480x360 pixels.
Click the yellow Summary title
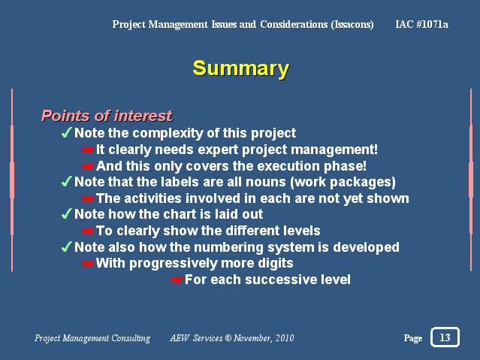(x=241, y=69)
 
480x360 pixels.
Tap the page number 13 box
(x=445, y=337)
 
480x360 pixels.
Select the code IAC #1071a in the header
(x=421, y=24)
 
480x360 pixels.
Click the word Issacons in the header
(x=352, y=25)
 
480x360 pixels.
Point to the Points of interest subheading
(x=107, y=116)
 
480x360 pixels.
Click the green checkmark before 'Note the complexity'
(x=66, y=132)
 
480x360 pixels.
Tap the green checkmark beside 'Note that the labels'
(x=66, y=181)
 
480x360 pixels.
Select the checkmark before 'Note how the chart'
(x=66, y=213)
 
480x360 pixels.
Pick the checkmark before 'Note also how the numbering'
(x=66, y=247)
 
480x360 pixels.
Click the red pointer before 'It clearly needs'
(x=89, y=150)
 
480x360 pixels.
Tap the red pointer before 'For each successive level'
(x=177, y=280)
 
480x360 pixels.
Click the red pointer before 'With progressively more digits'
(x=89, y=264)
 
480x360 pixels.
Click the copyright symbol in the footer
(x=228, y=337)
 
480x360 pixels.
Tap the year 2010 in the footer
(x=285, y=337)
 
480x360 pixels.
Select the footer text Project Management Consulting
(x=92, y=338)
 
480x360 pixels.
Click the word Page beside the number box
(x=413, y=338)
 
